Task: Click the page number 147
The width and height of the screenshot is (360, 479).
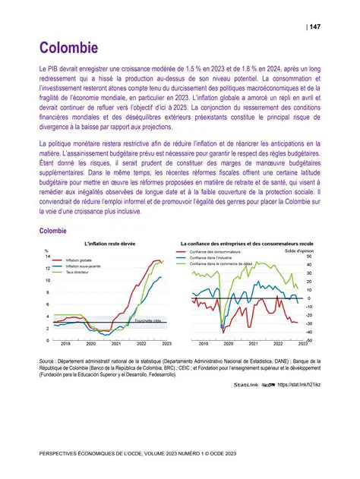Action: pyautogui.click(x=314, y=27)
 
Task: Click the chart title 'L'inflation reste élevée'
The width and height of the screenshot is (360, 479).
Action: pyautogui.click(x=106, y=243)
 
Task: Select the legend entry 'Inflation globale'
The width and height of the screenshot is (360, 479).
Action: pyautogui.click(x=81, y=260)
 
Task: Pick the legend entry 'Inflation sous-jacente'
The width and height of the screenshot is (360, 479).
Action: pyautogui.click(x=85, y=266)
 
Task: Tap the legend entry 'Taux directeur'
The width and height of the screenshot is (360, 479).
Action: pyautogui.click(x=79, y=272)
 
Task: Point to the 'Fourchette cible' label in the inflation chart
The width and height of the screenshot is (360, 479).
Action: pyautogui.click(x=147, y=321)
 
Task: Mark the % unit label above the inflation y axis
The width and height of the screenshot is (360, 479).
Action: pyautogui.click(x=46, y=251)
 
